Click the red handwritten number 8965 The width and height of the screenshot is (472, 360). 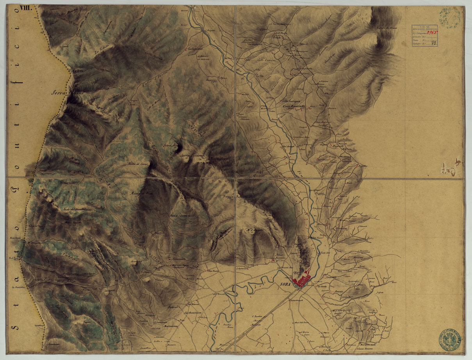(x=430, y=34)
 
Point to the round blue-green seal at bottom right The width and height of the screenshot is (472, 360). (x=449, y=339)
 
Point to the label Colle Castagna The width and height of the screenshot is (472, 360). (x=292, y=102)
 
